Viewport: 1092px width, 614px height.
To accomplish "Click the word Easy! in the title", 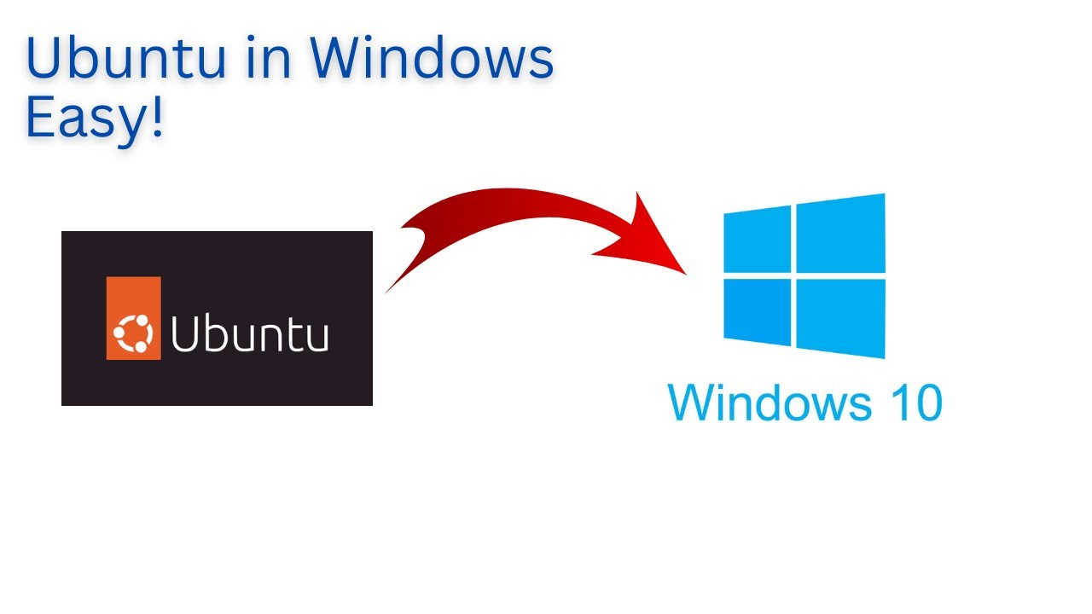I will tap(94, 120).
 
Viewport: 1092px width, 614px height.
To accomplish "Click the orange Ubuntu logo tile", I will tap(133, 318).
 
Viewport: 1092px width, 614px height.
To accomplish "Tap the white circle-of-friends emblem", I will tap(133, 333).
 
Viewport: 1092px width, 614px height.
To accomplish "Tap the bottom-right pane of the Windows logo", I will tap(841, 317).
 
